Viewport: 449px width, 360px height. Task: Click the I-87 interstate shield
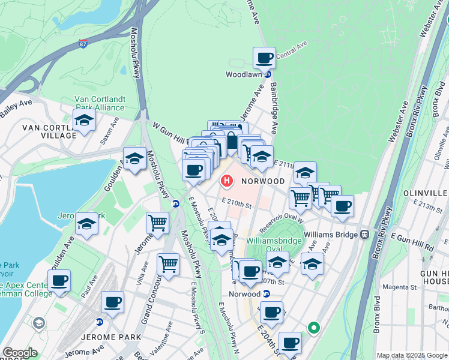point(83,44)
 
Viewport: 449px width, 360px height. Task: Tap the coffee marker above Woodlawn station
point(264,59)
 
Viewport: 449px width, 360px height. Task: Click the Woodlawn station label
point(244,74)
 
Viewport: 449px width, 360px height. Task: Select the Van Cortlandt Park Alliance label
point(100,104)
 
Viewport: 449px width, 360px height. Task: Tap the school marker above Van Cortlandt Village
point(85,120)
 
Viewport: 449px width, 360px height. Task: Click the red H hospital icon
point(228,180)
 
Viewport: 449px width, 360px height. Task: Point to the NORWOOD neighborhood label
point(263,181)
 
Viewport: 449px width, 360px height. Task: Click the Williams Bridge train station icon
point(364,234)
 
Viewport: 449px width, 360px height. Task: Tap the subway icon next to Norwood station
point(267,294)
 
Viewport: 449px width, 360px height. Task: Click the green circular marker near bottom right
point(313,328)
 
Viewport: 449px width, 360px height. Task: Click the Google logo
point(20,353)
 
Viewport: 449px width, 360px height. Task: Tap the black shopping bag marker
point(232,142)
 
